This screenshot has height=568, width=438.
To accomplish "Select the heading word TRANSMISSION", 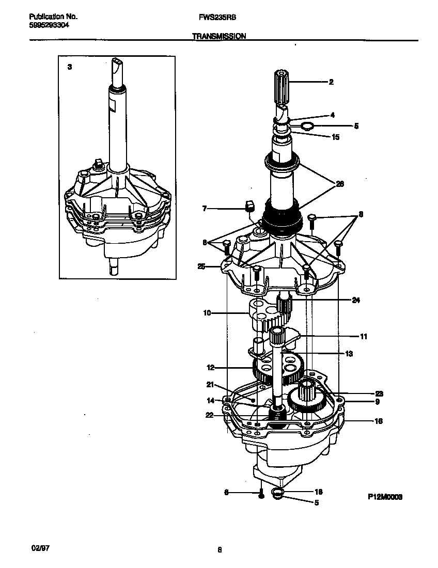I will click(219, 36).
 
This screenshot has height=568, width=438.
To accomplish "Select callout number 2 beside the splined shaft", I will click(331, 82).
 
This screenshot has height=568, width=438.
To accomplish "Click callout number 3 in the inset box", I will click(70, 67).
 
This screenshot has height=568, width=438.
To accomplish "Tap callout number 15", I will click(335, 137).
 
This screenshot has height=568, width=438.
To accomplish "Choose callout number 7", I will click(204, 209).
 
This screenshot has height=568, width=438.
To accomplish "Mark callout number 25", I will click(201, 266).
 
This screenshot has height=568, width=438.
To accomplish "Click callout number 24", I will click(355, 300).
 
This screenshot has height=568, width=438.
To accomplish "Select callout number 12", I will click(210, 368).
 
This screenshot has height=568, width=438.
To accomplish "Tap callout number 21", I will click(210, 384).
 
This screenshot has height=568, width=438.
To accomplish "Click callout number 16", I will click(378, 421).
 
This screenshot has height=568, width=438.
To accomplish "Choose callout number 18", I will click(319, 492).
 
